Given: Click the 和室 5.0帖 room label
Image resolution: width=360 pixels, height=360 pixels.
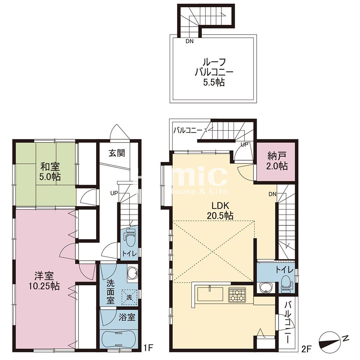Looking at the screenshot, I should click(50, 172).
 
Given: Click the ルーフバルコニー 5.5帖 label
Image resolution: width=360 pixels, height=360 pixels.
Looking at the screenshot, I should click(214, 72).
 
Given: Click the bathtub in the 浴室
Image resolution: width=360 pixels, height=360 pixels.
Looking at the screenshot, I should click(118, 338).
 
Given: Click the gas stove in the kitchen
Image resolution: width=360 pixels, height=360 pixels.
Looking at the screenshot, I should click(236, 294).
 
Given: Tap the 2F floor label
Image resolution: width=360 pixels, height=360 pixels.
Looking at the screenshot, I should click(307, 348).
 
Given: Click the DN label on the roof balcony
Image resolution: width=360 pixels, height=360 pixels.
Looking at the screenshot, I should click(189, 41).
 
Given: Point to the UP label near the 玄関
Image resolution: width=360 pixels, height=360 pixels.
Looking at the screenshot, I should click(114, 193).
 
